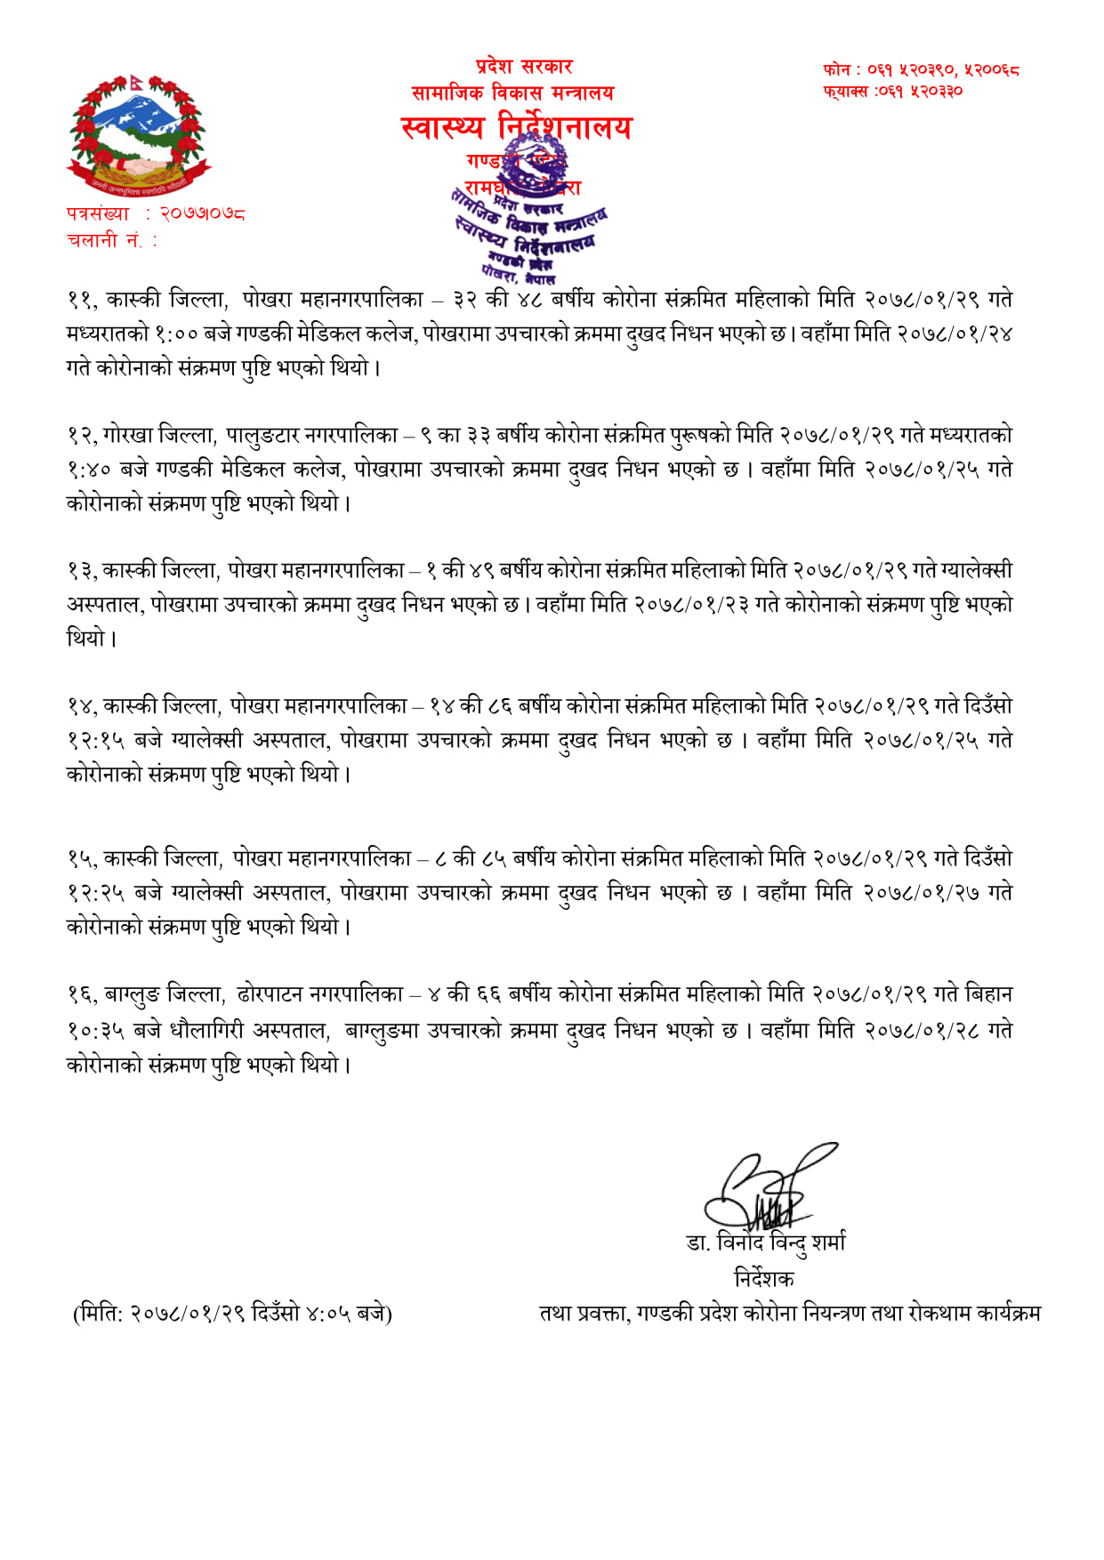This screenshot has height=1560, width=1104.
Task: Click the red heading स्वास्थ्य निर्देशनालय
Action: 516,128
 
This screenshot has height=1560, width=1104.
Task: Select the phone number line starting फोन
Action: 921,69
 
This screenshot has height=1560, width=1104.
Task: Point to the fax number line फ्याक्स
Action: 892,91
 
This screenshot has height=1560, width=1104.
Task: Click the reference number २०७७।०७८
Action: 202,213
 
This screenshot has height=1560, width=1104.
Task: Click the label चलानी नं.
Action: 110,240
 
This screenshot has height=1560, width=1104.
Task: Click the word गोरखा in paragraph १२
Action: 129,436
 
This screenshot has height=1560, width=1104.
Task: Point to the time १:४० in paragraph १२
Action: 88,470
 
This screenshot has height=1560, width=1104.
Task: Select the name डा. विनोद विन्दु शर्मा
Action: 765,1242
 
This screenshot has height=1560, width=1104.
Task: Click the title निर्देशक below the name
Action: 763,1279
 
